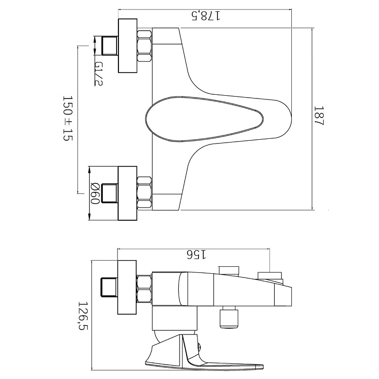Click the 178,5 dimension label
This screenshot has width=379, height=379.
coord(206,16)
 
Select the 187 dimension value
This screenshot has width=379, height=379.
coord(318,116)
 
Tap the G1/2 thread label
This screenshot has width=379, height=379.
coord(99,74)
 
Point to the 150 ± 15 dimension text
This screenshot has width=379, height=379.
coord(68,118)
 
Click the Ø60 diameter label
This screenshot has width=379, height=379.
coord(95,193)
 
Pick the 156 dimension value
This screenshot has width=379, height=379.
coord(197,254)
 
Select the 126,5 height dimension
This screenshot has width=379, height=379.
coord(83,316)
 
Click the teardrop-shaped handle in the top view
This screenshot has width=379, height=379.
coord(204,119)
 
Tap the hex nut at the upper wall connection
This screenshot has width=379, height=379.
coord(144,45)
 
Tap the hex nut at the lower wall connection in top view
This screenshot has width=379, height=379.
coord(144,193)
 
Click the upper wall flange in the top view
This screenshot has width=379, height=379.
coord(127,45)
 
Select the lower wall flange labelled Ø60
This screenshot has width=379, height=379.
coord(127,193)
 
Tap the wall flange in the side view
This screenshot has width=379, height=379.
coord(127,287)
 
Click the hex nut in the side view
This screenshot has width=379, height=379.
coord(144,289)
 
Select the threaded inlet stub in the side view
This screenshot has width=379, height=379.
coord(109,287)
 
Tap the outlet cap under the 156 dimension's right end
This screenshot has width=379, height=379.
coord(270,276)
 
